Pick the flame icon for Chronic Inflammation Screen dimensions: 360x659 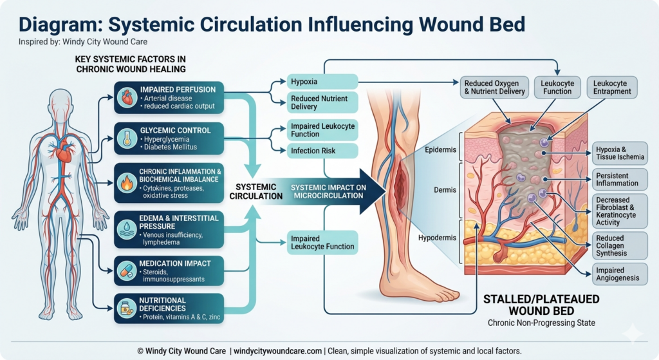127,182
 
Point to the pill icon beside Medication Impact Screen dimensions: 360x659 127,269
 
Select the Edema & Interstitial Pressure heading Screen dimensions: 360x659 178,222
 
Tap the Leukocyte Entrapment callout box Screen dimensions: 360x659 612,87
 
